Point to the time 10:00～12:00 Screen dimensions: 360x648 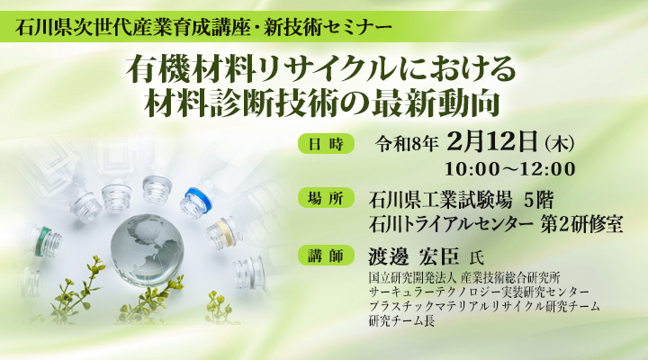point(509,169)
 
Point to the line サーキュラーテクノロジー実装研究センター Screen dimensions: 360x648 point(480,293)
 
